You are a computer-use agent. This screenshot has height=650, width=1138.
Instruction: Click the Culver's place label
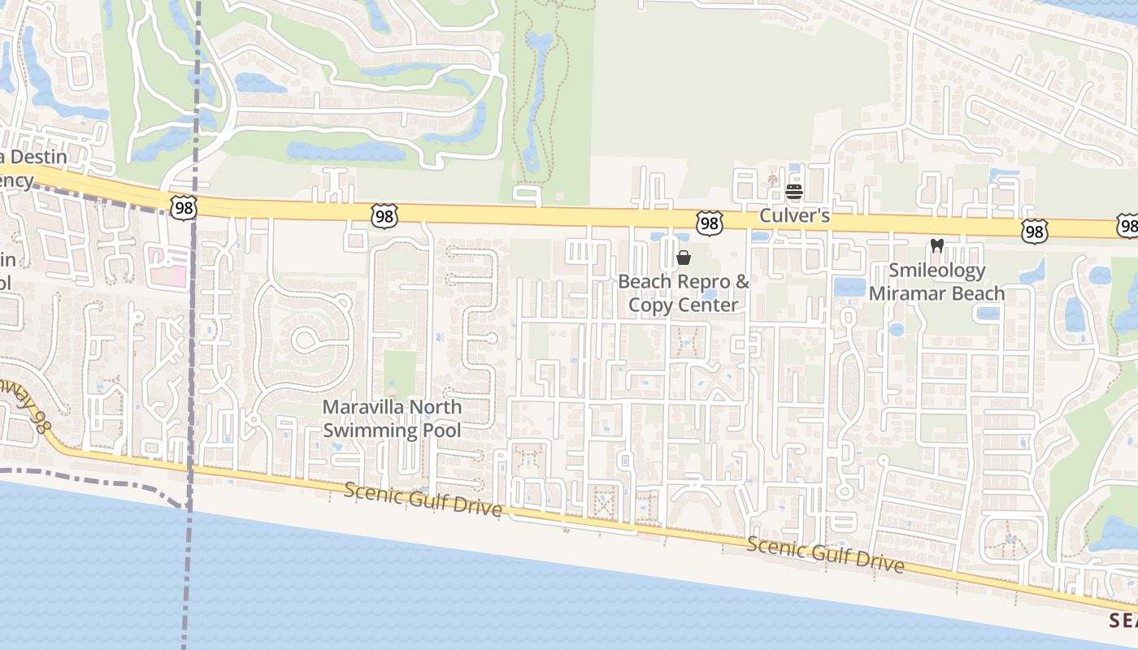[x=794, y=216]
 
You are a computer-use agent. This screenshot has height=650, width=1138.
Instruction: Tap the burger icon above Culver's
[x=794, y=193]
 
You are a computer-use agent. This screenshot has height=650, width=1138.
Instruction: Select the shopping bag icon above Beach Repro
[x=684, y=258]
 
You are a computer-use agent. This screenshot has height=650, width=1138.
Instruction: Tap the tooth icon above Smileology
[x=936, y=245]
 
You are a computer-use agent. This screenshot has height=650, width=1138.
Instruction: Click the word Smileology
[x=936, y=271]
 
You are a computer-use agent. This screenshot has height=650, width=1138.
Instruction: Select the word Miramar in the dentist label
[x=903, y=293]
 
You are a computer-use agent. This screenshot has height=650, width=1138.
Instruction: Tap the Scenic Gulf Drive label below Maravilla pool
[x=422, y=500]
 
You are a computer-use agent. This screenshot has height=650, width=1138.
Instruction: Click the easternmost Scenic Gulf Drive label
[x=824, y=555]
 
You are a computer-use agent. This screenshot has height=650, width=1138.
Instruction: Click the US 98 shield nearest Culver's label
[x=710, y=223]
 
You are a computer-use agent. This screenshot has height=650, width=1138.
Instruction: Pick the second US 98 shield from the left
[x=384, y=215]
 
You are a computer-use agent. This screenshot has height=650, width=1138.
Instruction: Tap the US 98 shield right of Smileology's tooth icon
[x=1034, y=232]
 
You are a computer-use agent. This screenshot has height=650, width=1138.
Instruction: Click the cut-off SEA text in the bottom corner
[x=1123, y=620]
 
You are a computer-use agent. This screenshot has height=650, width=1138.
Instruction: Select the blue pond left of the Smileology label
[x=849, y=287]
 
